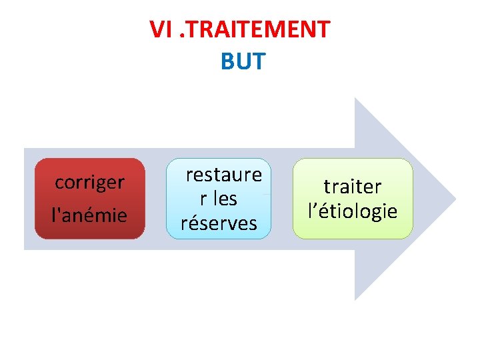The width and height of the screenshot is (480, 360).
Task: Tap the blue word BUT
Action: (242, 61)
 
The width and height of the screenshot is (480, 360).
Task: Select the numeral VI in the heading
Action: (161, 29)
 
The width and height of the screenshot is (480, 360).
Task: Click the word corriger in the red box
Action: (89, 182)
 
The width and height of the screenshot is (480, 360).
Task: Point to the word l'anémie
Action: (89, 215)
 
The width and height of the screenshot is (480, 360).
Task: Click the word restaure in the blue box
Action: (223, 175)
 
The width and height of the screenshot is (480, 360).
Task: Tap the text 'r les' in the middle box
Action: (219, 199)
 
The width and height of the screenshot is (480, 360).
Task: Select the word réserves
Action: (219, 223)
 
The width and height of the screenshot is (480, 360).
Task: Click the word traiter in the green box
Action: (353, 187)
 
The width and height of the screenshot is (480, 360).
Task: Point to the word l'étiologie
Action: (353, 211)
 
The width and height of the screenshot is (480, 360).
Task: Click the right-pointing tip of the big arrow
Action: (455, 199)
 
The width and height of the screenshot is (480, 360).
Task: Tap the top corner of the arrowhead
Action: (355, 99)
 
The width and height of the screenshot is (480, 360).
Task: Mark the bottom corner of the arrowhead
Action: (355, 299)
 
